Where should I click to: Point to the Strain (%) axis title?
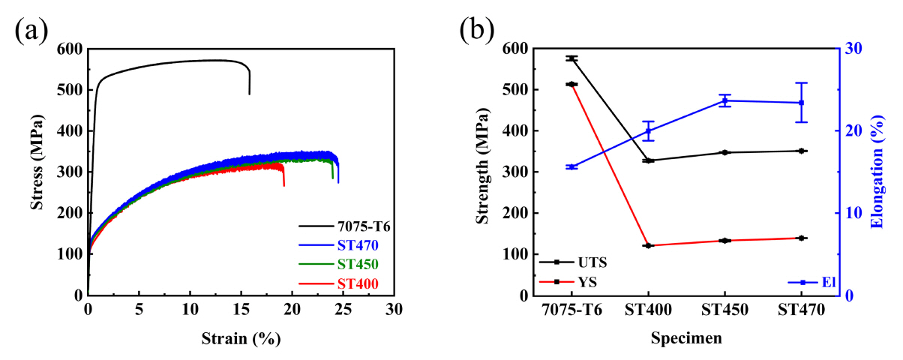(x=241, y=338)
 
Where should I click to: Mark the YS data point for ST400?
(x=648, y=245)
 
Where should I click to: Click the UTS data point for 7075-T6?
(x=572, y=58)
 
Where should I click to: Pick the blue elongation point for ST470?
(x=802, y=103)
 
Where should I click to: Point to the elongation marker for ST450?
(x=725, y=100)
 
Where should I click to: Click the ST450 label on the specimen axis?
(x=725, y=310)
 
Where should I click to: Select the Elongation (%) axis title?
(x=877, y=172)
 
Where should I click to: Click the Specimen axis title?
(x=687, y=338)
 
